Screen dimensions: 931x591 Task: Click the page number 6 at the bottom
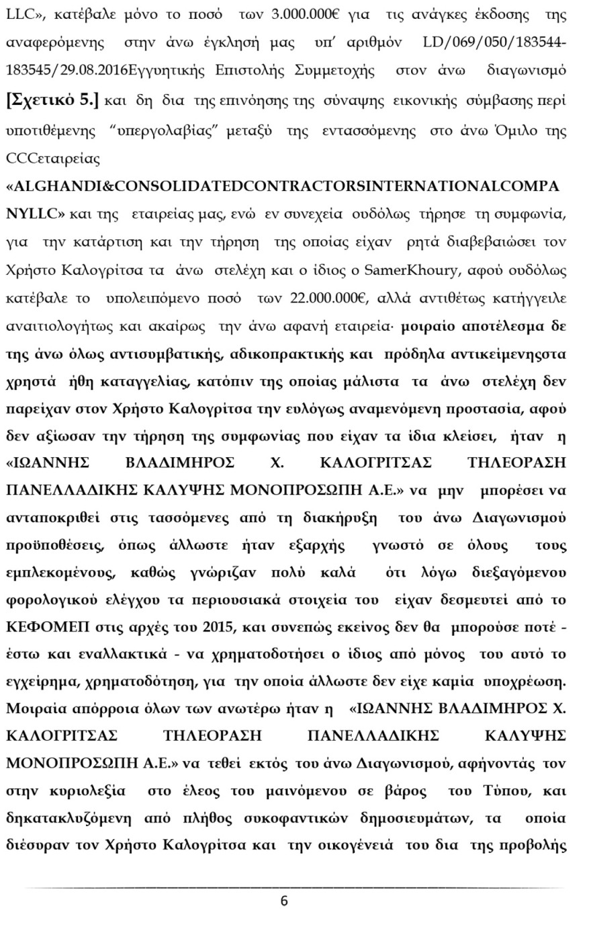(284, 901)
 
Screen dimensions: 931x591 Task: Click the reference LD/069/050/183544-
(494, 43)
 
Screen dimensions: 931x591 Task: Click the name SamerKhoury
(399, 270)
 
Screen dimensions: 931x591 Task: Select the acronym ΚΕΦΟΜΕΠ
(43, 627)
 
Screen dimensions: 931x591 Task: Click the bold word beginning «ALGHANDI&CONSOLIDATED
(282, 186)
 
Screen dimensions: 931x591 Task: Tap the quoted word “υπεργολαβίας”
(156, 130)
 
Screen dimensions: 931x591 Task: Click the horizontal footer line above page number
(295, 888)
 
